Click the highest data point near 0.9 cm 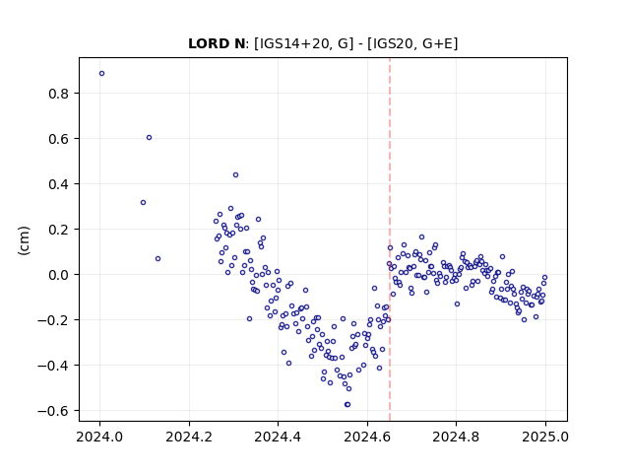pos(101,74)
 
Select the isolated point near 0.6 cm pos(149,138)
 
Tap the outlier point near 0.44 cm pos(236,175)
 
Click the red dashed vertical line pos(390,239)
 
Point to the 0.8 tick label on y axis pos(59,94)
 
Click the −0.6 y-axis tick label pos(53,411)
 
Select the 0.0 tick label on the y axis pos(59,275)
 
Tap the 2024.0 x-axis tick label pos(99,437)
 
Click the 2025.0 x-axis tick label pos(545,437)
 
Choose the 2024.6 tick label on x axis pos(367,437)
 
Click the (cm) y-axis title pos(24,240)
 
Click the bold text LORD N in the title pos(217,43)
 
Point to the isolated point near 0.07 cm pos(157,258)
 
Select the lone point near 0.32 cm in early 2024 pos(143,203)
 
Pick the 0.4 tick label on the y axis pos(59,184)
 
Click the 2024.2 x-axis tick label pos(189,437)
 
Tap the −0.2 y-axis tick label pos(53,320)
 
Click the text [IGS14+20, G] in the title pos(304,43)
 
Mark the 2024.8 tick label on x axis pos(456,437)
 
